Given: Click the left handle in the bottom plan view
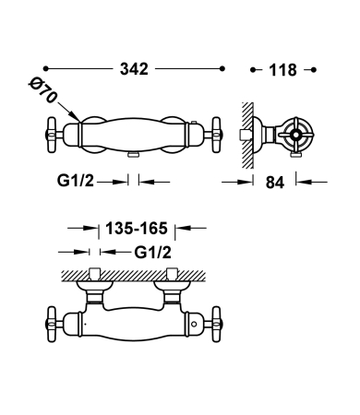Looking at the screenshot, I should tap(52, 322).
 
